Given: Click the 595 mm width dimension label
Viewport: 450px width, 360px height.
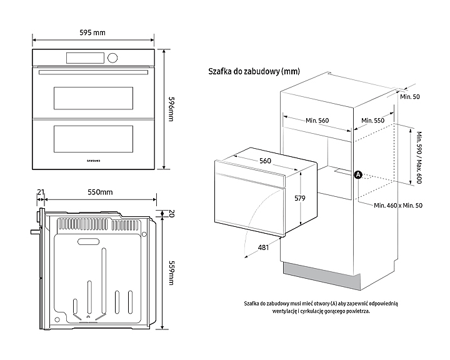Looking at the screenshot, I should click(x=92, y=32).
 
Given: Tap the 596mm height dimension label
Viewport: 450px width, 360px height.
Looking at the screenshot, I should click(x=173, y=109).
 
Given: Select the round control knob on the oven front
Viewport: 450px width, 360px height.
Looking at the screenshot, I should click(x=112, y=58).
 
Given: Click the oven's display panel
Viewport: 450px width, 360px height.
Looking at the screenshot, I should click(x=85, y=58).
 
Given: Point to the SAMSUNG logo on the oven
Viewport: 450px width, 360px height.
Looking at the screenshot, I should click(x=92, y=160).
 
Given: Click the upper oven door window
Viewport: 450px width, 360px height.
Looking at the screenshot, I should click(x=93, y=97).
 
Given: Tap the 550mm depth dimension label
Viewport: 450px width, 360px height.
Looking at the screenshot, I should click(x=100, y=192).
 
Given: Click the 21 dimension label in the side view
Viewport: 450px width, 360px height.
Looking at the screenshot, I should click(x=41, y=192).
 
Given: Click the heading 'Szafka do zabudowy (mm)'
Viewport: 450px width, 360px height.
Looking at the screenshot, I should click(x=254, y=72).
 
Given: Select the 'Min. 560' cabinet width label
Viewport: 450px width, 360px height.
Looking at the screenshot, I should click(x=317, y=121).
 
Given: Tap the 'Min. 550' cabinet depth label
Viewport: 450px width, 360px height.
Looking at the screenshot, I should click(x=373, y=121).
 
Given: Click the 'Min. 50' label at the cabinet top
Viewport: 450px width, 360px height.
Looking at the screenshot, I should click(x=410, y=97).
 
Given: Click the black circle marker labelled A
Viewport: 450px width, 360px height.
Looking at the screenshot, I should click(x=358, y=175).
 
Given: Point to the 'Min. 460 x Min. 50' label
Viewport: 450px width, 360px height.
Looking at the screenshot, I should click(x=398, y=206).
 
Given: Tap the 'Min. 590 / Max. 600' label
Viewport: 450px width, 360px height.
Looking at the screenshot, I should click(x=414, y=157).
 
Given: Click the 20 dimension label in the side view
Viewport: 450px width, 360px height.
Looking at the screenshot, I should click(x=172, y=214).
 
